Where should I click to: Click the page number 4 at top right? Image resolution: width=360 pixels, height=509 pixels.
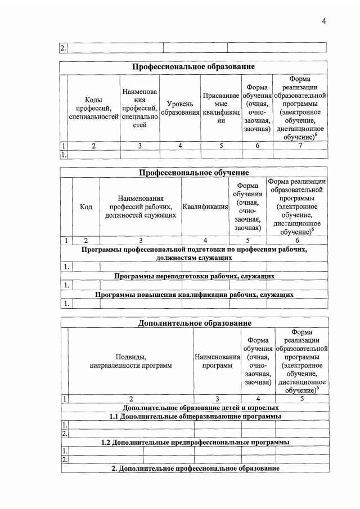[324, 21]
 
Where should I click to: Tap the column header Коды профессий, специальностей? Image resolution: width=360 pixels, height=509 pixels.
[93, 108]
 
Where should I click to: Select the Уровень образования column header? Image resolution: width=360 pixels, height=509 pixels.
[180, 108]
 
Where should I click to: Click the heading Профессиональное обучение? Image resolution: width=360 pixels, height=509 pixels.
[194, 172]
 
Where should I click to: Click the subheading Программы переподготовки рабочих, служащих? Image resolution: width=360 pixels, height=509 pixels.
[194, 276]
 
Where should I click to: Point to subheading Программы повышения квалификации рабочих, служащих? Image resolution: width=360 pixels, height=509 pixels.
[194, 294]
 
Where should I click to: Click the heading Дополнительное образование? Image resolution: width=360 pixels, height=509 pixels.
[194, 323]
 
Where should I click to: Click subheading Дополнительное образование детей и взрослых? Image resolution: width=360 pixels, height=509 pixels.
[194, 407]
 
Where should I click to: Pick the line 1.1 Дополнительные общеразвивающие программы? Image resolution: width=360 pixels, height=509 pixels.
[194, 416]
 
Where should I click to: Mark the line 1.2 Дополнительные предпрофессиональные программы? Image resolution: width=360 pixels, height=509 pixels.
[194, 442]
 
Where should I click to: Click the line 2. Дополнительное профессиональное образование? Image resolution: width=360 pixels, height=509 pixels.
[194, 469]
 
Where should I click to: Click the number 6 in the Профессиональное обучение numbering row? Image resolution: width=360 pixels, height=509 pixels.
[297, 241]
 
